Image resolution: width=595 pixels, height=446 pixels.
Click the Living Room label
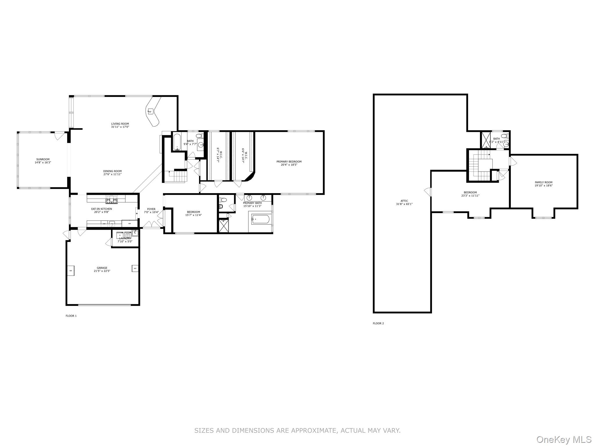120,124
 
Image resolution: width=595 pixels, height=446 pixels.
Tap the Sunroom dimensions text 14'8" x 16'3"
43,163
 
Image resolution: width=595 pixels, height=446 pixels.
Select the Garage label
102,268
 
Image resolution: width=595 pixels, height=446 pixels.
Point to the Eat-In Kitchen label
101,209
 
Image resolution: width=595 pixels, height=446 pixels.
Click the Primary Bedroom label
289,161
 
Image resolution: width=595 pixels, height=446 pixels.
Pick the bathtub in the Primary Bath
261,219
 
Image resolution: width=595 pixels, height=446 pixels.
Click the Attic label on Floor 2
404,201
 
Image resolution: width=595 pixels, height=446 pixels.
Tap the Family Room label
544,182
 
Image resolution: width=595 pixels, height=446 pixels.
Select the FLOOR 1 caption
71,316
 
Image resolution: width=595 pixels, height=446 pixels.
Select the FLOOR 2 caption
378,323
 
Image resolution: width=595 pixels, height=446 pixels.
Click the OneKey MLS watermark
564,439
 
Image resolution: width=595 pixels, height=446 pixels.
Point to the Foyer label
151,209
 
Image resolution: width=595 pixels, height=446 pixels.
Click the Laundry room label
125,238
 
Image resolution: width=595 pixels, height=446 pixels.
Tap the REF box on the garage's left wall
71,270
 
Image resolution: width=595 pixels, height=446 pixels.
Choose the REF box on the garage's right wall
135,269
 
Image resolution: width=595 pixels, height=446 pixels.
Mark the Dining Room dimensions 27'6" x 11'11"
112,174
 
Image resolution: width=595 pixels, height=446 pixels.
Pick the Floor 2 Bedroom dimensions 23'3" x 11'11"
470,196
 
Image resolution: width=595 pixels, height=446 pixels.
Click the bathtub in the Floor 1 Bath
177,142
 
